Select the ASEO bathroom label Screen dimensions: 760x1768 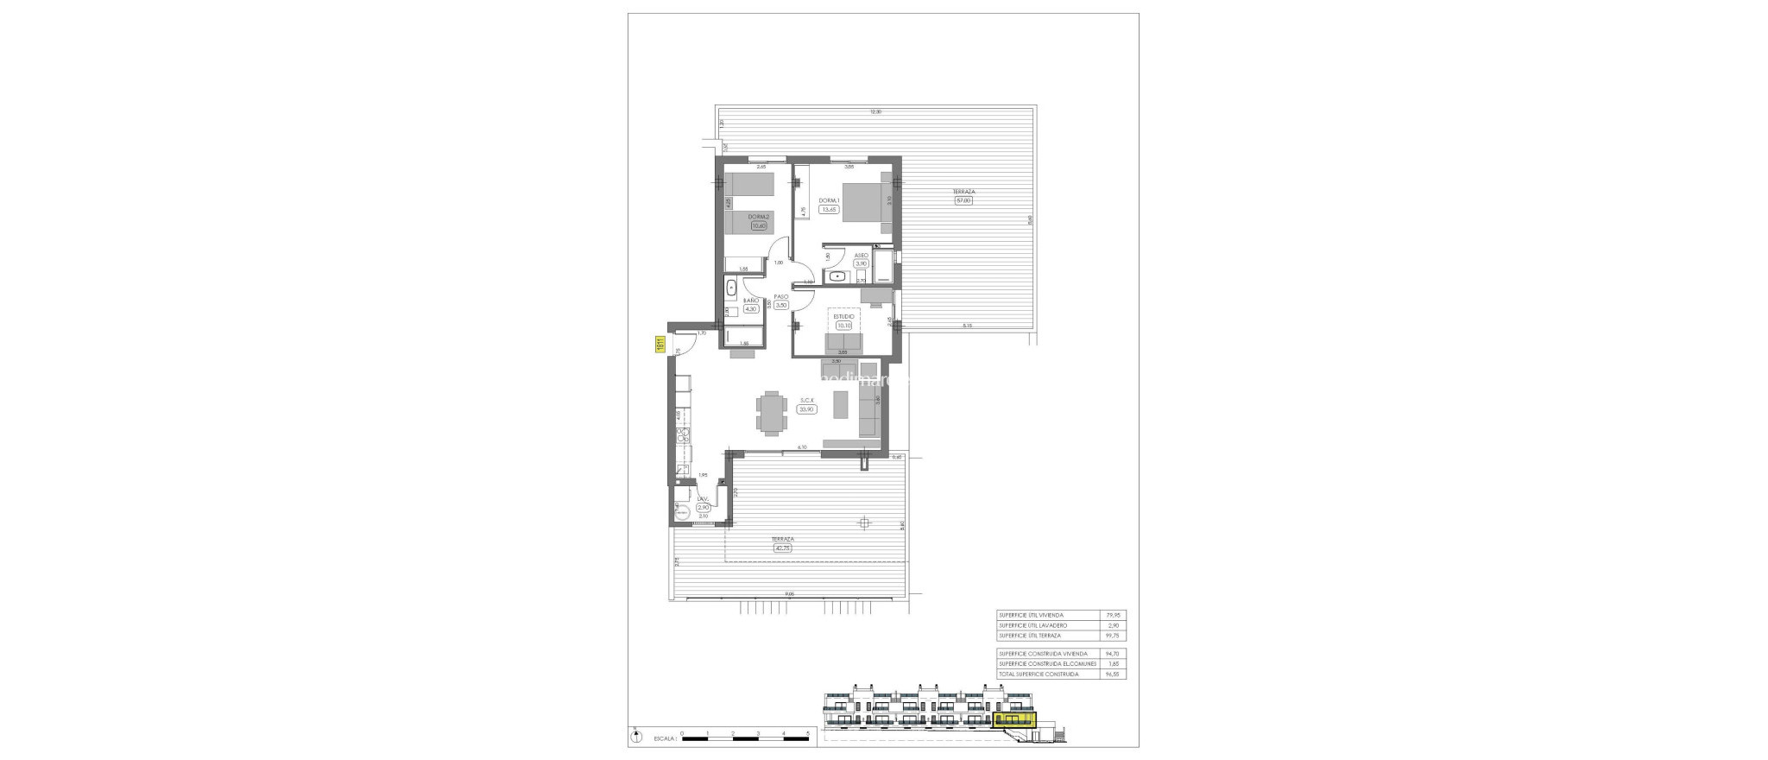click(861, 256)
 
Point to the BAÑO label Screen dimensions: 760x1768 click(751, 300)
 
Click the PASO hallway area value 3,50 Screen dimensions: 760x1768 click(781, 305)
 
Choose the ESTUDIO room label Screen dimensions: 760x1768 click(843, 340)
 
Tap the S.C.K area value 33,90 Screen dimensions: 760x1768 click(807, 409)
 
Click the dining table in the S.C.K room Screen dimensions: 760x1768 click(167, 412)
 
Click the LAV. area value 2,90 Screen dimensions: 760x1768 click(704, 507)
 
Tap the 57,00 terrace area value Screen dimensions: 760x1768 click(963, 201)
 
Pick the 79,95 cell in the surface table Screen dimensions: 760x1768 click(1113, 615)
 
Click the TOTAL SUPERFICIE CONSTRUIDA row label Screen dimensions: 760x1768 click(1038, 674)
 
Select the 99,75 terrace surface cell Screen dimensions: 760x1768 click(1113, 635)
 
